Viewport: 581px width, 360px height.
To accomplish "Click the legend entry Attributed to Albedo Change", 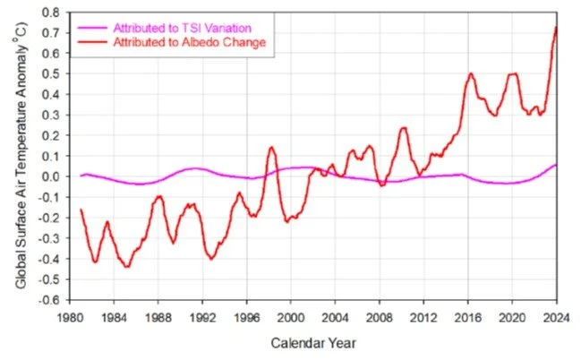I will (x=190, y=41).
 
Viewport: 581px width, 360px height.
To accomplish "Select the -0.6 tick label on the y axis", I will (x=50, y=300).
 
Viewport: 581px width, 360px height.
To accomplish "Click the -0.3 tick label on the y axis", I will (x=50, y=238).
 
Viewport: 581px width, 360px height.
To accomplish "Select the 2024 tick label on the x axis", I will (x=556, y=315).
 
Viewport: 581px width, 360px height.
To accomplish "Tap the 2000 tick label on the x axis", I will (x=291, y=315).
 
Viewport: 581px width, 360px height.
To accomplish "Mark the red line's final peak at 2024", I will (x=556, y=27).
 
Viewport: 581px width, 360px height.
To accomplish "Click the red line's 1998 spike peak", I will (x=271, y=147).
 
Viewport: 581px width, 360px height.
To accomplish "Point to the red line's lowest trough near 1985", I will (x=126, y=266).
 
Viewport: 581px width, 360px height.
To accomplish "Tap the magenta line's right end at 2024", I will (x=556, y=165).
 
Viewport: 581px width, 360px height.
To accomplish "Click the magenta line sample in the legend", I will (x=97, y=27).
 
